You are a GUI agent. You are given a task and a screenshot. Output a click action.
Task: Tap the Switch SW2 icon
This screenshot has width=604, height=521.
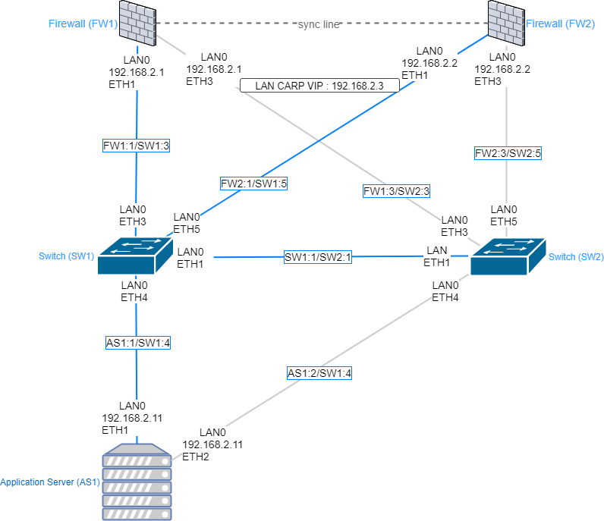click(507, 256)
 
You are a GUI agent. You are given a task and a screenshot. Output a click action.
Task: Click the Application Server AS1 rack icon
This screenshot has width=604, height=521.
click(137, 482)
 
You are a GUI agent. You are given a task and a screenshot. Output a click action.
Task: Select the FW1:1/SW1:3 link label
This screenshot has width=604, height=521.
click(135, 145)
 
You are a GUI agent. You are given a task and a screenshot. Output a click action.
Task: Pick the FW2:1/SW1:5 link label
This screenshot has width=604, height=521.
click(253, 183)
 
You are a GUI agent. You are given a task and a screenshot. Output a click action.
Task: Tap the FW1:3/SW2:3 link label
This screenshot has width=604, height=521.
click(397, 191)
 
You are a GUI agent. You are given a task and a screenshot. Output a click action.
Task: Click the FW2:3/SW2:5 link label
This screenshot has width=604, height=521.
click(507, 152)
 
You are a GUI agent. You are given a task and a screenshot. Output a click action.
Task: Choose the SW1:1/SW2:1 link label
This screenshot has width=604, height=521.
click(319, 258)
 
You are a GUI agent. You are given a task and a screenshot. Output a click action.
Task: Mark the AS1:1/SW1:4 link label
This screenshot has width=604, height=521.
click(137, 343)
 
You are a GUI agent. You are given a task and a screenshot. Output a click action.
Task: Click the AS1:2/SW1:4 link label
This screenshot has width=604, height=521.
click(319, 373)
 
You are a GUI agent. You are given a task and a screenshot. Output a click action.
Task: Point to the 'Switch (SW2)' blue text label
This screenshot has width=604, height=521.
click(576, 256)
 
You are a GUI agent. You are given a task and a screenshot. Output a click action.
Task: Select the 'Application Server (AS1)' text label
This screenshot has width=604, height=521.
click(50, 482)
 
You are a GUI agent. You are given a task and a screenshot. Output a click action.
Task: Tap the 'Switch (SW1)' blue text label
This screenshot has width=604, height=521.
click(66, 256)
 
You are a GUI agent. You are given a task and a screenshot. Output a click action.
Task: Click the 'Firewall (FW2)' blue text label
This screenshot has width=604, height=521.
click(561, 24)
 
